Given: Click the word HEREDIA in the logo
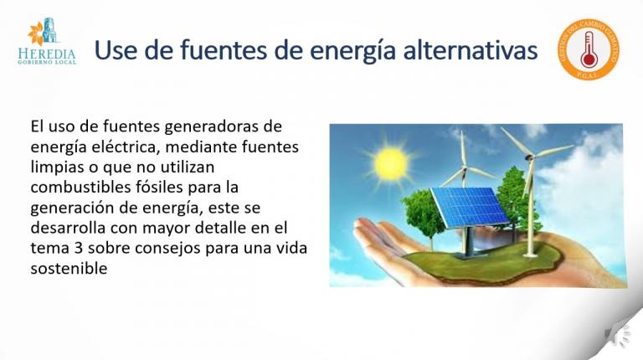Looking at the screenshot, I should (x=46, y=53).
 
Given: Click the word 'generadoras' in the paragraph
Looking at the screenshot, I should (x=236, y=127).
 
